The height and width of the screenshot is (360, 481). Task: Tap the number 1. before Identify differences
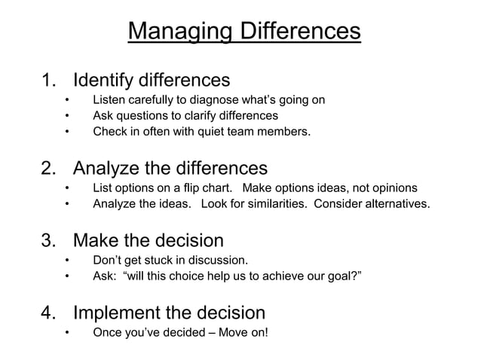point(50,80)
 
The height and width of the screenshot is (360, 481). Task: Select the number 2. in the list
point(50,167)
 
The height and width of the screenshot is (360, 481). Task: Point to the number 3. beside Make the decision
point(50,241)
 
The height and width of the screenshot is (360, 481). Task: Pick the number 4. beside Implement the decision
point(50,313)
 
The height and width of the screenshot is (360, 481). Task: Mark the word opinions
point(392,188)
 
